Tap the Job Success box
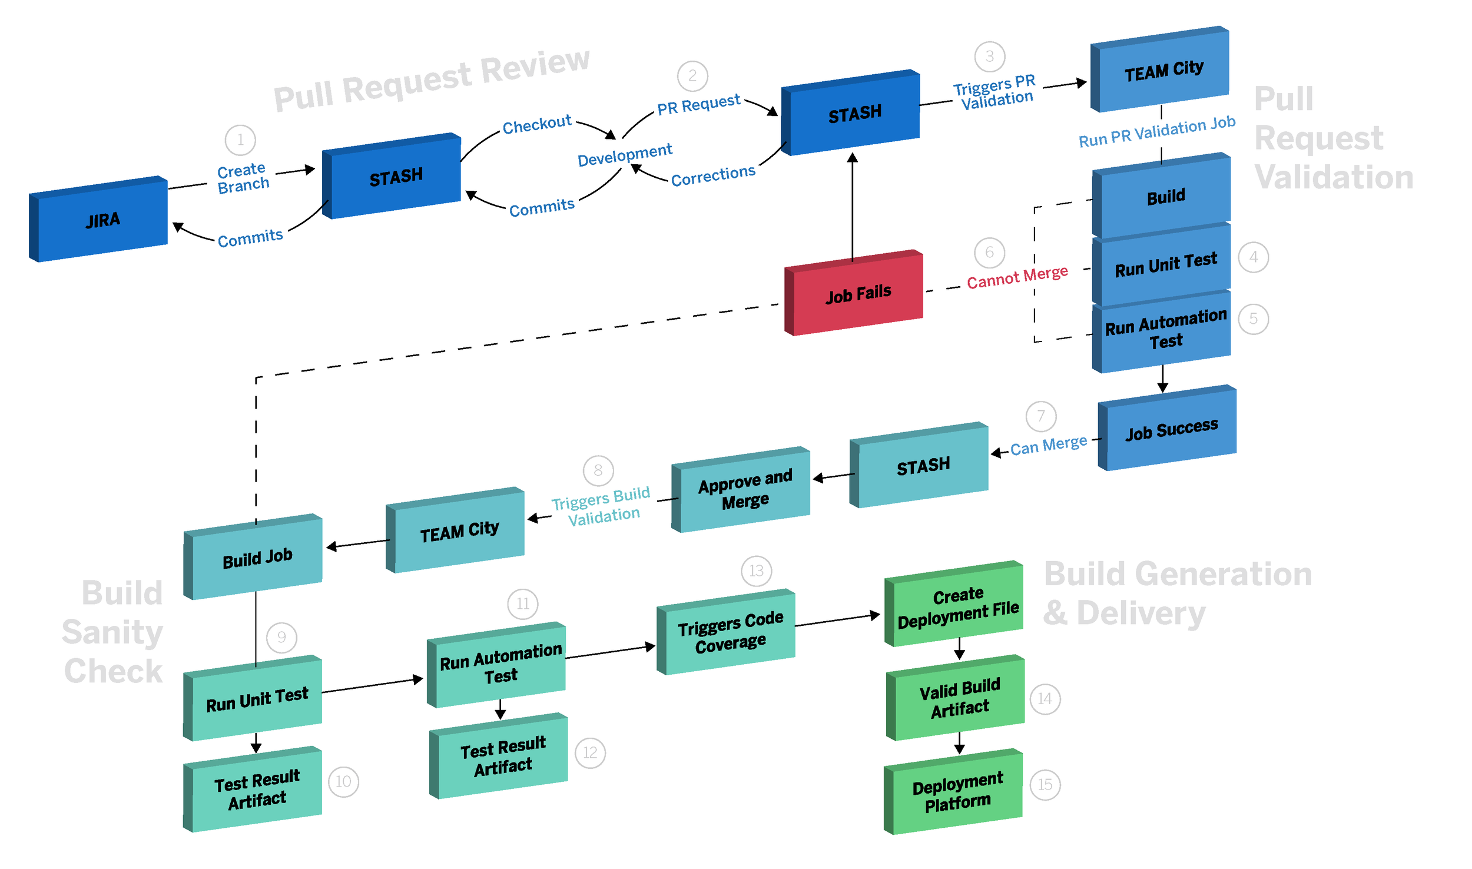pyautogui.click(x=1171, y=429)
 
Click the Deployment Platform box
pyautogui.click(x=957, y=792)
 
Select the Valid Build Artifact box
pyautogui.click(x=960, y=698)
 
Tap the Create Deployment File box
pyautogui.click(x=958, y=606)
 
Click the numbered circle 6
pyautogui.click(x=989, y=253)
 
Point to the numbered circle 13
pyautogui.click(x=756, y=571)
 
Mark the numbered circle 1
pyautogui.click(x=240, y=140)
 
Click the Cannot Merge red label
pyautogui.click(x=1017, y=277)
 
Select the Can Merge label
pyautogui.click(x=1049, y=446)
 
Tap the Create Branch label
pyautogui.click(x=243, y=178)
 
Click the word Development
pyautogui.click(x=624, y=155)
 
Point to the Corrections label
pyautogui.click(x=712, y=175)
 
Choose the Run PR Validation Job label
pyautogui.click(x=1156, y=132)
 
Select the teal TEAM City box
pyautogui.click(x=459, y=531)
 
